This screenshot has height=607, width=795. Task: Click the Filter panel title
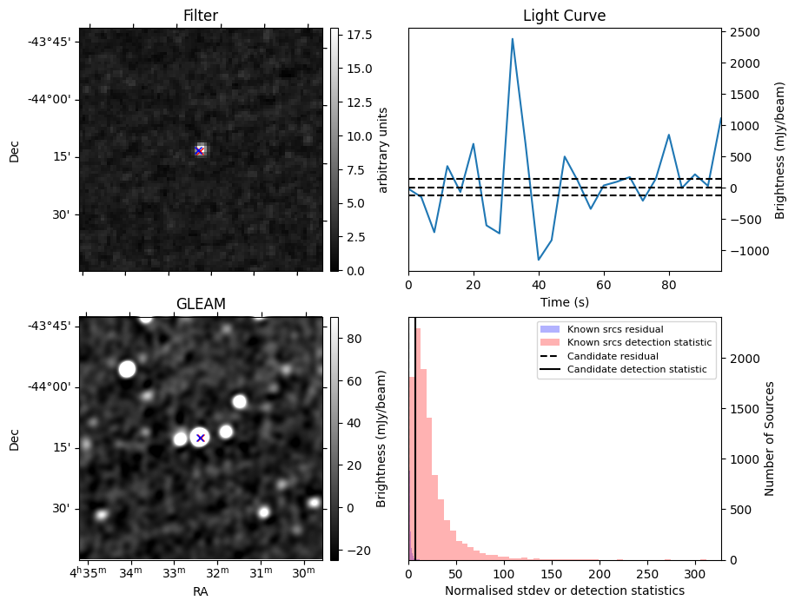201,16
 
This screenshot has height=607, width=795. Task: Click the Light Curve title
564,16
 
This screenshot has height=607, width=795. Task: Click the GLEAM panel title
201,304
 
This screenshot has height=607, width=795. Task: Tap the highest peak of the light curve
513,38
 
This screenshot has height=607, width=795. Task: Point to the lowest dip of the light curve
539,260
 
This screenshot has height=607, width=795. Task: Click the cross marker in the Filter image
199,151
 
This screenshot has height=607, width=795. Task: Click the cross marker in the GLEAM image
201,438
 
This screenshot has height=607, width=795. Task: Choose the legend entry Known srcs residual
615,329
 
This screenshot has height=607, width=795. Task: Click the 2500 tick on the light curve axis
745,32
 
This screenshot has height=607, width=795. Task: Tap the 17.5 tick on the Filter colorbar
354,35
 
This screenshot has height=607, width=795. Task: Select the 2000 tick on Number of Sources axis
745,359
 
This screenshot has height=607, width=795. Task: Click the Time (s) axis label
564,300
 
